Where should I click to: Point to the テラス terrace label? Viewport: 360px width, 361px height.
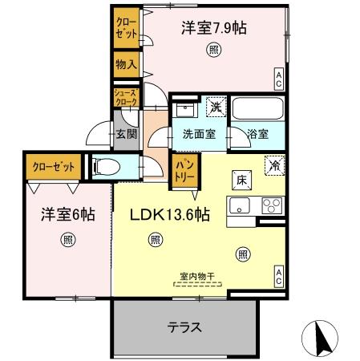[x=184, y=327]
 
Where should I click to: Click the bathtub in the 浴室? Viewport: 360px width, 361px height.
[x=257, y=108]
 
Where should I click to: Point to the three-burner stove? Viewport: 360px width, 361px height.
[x=270, y=205]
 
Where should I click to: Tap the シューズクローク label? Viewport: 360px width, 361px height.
[x=124, y=97]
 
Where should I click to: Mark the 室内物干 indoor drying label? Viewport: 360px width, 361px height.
[x=196, y=277]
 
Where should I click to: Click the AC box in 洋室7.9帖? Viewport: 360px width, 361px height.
[x=278, y=79]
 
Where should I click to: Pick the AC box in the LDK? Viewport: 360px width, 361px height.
[x=278, y=277]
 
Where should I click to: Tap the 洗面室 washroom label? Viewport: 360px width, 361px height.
[x=198, y=135]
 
